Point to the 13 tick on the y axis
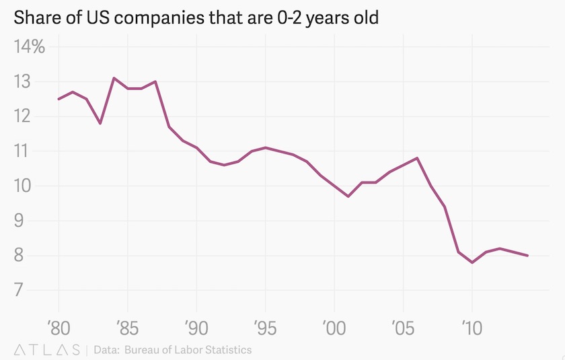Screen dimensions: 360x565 [x=25, y=82]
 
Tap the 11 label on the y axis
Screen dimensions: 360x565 [x=25, y=151]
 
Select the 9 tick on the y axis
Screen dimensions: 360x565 [x=25, y=220]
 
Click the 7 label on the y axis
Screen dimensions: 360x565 [x=25, y=290]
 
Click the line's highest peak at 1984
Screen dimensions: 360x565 [x=114, y=78]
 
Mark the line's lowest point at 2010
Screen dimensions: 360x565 [x=472, y=262]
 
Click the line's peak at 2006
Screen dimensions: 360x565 [x=417, y=158]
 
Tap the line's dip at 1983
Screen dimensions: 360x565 [x=100, y=123]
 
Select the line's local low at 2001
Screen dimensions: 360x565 [x=348, y=196]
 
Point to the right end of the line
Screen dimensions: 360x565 [x=527, y=256]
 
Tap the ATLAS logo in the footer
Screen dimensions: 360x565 [x=46, y=350]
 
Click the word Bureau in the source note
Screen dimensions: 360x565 [x=146, y=350]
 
